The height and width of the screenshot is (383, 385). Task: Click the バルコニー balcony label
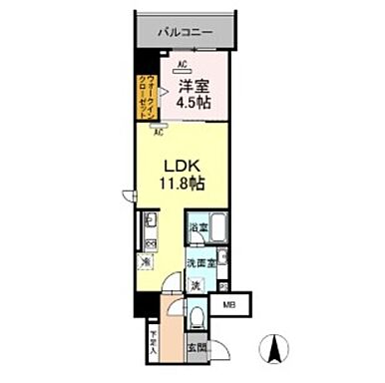(185, 32)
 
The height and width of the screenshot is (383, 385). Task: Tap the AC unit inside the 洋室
(183, 66)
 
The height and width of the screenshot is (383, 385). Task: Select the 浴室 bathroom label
(197, 228)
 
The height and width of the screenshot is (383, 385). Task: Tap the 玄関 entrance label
(197, 347)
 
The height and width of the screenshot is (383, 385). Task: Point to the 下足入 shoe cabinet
(155, 342)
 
